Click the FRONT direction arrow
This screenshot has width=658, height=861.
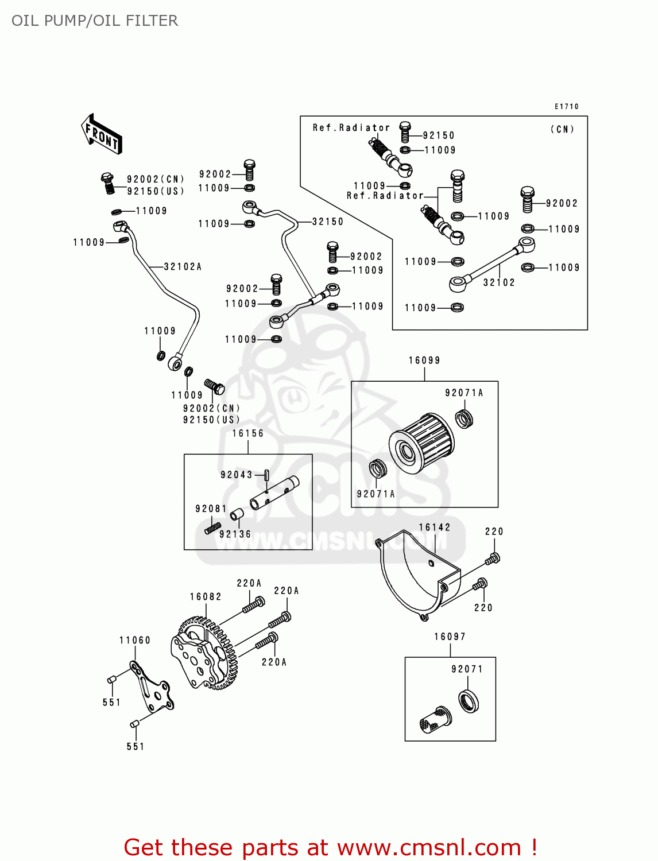[x=102, y=134]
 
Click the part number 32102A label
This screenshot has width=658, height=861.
[x=183, y=267]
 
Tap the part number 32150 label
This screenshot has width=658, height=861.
[x=328, y=222]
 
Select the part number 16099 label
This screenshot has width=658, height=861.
[x=424, y=360]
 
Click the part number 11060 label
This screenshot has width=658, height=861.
[x=135, y=641]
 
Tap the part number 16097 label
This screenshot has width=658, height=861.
[x=450, y=637]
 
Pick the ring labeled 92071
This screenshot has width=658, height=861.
[x=469, y=701]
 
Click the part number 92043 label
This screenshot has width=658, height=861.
[x=236, y=475]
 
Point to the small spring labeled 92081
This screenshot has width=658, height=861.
[x=213, y=527]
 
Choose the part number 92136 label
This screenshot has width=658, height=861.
[x=235, y=534]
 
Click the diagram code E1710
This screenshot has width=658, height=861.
[x=566, y=107]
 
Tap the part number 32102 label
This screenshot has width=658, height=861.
[x=499, y=282]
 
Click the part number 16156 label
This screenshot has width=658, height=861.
[x=248, y=433]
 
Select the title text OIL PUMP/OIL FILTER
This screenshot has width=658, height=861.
[x=95, y=21]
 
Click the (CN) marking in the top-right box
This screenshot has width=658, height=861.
[x=562, y=129]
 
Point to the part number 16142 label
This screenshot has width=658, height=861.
[x=435, y=528]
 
